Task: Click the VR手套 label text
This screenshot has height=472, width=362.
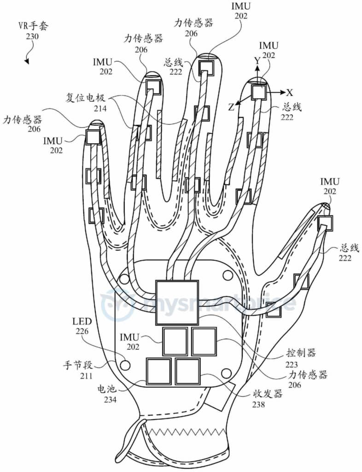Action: [33, 26]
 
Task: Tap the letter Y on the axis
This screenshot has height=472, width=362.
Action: [257, 61]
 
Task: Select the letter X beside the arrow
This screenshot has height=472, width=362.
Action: [289, 92]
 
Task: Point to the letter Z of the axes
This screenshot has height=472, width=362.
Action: [231, 107]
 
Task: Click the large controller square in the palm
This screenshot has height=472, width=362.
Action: [177, 302]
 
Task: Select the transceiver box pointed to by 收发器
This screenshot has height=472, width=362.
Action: [187, 372]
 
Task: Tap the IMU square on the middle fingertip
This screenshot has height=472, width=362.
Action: [206, 68]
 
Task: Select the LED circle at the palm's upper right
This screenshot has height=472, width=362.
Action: [228, 275]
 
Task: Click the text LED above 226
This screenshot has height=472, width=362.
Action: [82, 321]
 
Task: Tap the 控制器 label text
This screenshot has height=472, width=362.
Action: [301, 353]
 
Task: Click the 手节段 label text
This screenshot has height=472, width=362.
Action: [77, 366]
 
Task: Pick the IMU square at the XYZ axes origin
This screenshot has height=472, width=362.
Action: [258, 92]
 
